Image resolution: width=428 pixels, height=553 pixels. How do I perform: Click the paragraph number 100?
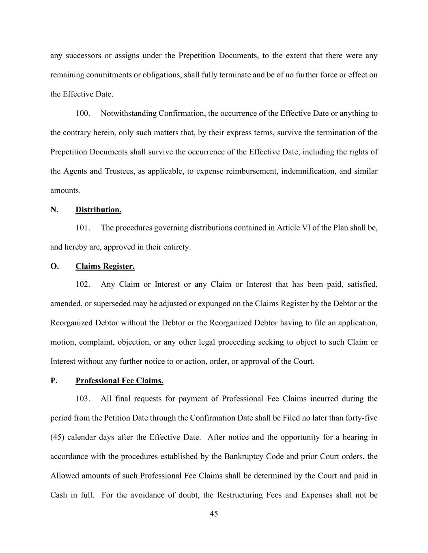click(83, 113)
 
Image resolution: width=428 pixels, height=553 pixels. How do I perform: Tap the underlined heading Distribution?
click(98, 210)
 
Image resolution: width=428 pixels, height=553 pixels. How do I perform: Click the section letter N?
click(54, 210)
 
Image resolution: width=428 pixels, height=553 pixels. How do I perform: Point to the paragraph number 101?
click(83, 228)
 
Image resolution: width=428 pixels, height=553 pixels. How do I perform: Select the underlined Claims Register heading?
click(105, 266)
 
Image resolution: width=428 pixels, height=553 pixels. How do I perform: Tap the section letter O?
click(54, 266)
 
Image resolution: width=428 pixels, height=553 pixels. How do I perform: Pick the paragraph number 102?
click(83, 284)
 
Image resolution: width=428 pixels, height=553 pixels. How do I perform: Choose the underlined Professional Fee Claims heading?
click(119, 381)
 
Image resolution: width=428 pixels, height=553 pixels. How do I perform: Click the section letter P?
click(54, 381)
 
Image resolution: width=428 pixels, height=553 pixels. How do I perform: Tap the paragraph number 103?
click(83, 399)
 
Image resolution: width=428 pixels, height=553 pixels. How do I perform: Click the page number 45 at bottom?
click(214, 514)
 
